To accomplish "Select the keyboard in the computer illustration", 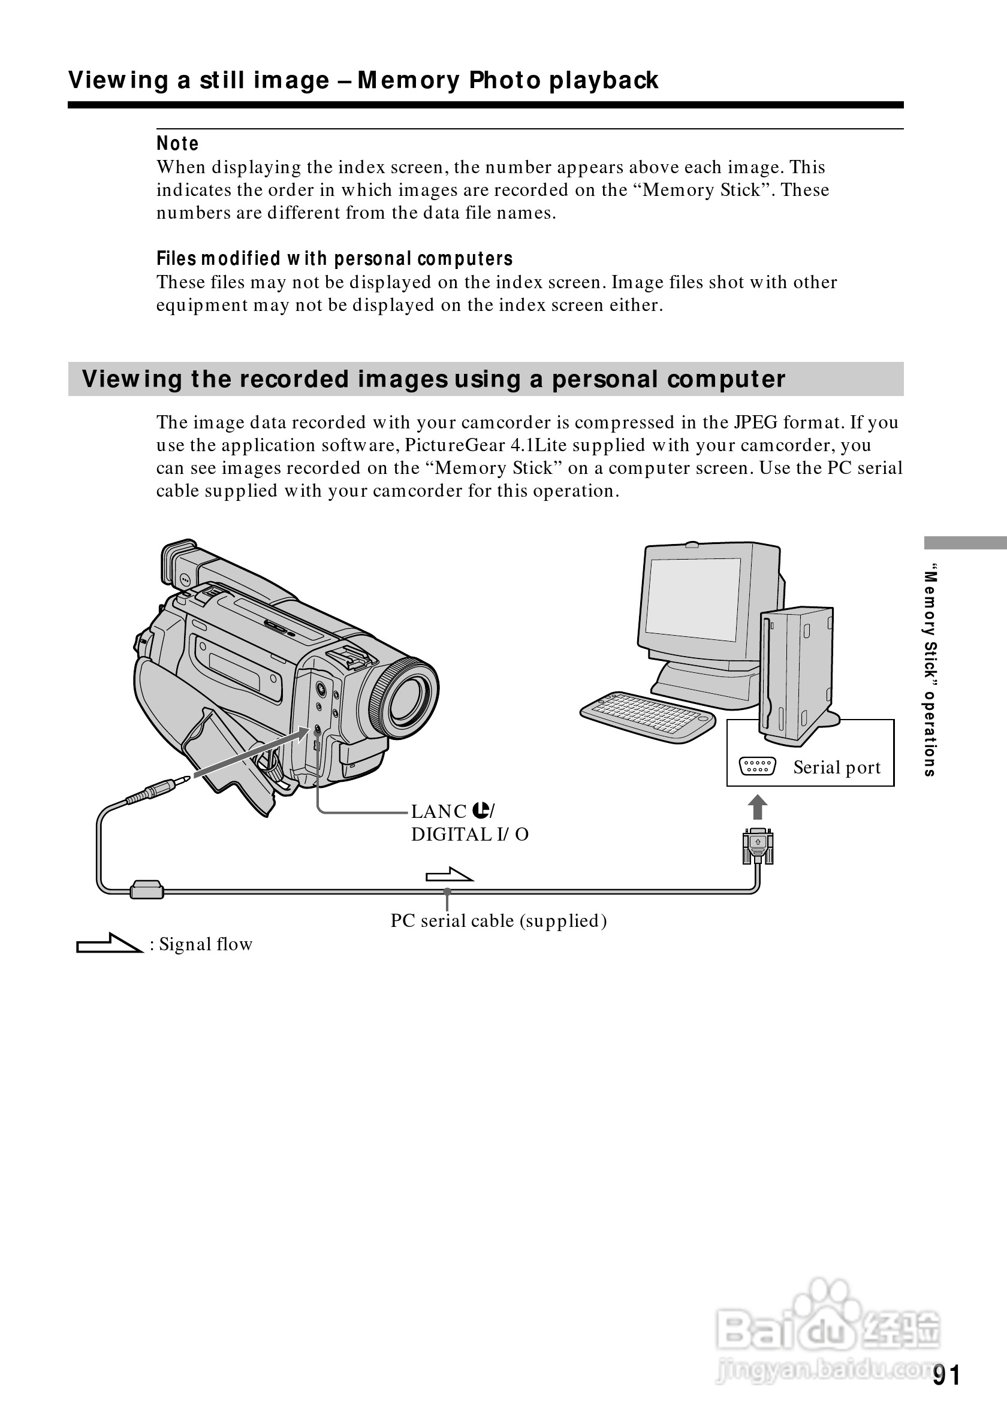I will pos(647,717).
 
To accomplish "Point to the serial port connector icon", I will pos(757,766).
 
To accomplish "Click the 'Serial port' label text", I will pos(836,768).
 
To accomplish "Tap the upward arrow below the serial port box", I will pos(757,808).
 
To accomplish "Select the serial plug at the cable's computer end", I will pos(757,845).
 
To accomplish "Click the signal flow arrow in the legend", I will pos(109,944).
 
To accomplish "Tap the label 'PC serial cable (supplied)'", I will pos(498,920).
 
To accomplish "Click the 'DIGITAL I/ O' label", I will pos(470,835).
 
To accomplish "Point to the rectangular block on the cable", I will pos(147,890).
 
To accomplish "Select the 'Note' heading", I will pos(177,143).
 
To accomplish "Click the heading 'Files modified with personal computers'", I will pos(334,258).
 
